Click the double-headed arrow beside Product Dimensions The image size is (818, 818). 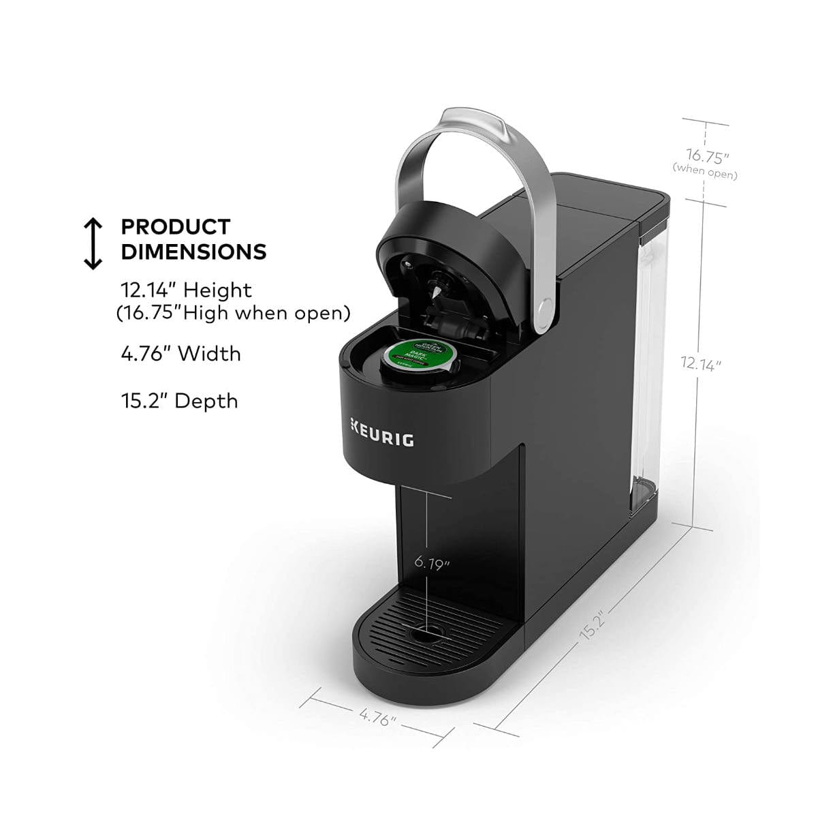click(93, 243)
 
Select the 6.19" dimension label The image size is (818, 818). click(432, 563)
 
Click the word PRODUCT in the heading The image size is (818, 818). click(176, 226)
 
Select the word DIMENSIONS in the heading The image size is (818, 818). click(193, 252)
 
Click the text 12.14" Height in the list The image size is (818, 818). click(186, 290)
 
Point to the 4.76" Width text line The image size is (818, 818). click(180, 354)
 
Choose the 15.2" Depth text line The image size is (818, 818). click(179, 400)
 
